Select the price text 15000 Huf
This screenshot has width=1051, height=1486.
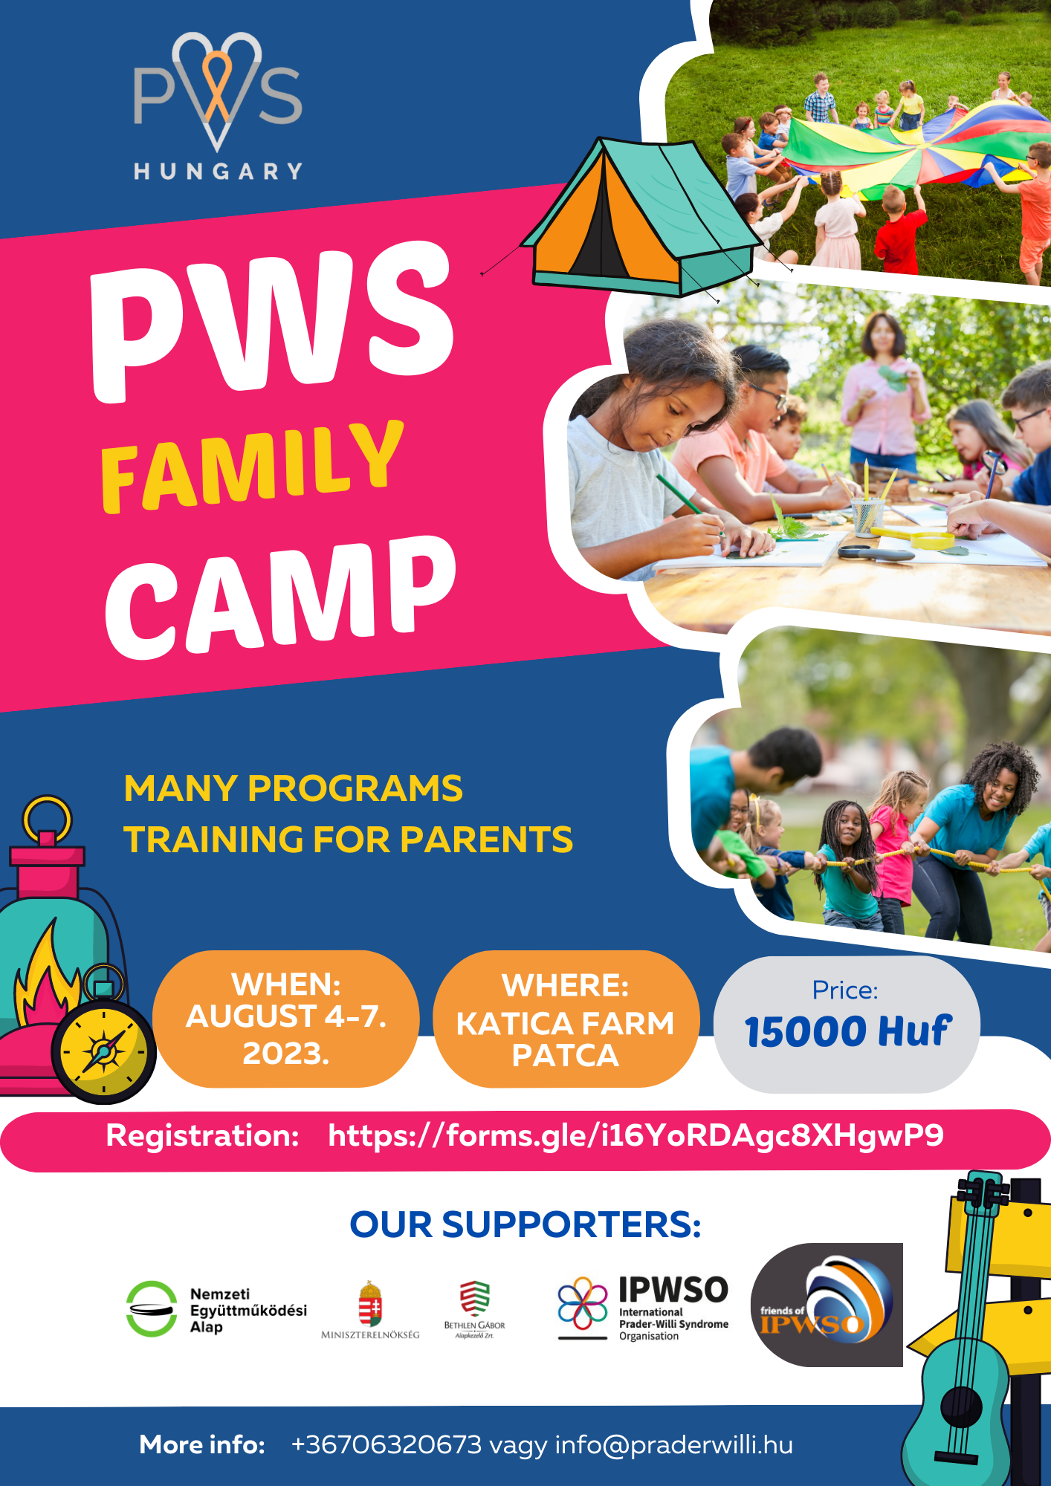[847, 1031]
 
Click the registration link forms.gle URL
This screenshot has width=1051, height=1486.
[636, 1135]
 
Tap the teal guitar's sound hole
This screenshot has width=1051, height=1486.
[961, 1406]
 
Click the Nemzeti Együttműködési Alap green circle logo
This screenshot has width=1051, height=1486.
[152, 1309]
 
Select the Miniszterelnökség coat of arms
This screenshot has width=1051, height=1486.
[370, 1303]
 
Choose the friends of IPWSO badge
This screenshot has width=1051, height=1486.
[827, 1305]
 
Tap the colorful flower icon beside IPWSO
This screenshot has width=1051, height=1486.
[583, 1303]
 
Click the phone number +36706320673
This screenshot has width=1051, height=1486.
[387, 1444]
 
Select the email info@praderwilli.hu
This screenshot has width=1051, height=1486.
[674, 1444]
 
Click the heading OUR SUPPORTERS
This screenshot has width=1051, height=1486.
[525, 1224]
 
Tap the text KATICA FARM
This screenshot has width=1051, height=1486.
[565, 1023]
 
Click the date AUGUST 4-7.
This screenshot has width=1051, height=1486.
[286, 1016]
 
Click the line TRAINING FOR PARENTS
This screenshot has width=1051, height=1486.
[348, 840]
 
